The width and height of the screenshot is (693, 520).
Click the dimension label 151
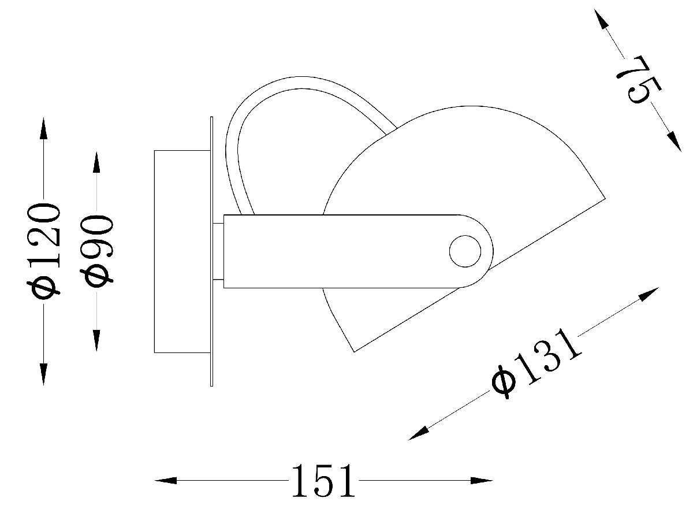(x=323, y=481)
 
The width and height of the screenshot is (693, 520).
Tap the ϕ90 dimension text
(x=98, y=251)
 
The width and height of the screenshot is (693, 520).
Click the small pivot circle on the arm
(x=465, y=251)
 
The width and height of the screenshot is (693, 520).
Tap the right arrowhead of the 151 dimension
(x=482, y=480)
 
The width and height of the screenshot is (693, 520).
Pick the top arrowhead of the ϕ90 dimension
(x=96, y=163)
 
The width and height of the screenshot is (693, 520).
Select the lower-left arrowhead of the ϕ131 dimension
(x=419, y=433)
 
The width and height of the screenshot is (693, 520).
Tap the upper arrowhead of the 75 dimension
(x=602, y=20)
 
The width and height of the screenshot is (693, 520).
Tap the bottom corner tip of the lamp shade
(x=354, y=350)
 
